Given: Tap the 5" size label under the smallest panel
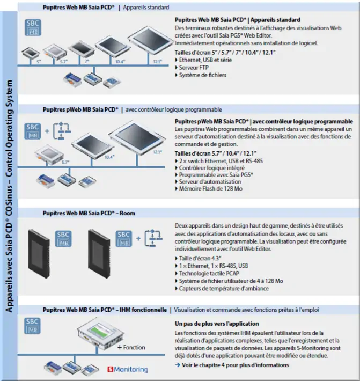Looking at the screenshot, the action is [39, 62].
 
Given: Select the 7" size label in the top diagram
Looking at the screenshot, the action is [87, 61].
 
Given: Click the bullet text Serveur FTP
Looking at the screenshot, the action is [194, 68].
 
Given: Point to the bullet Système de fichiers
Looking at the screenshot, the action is [203, 75].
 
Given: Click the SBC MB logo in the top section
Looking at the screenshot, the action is [33, 27].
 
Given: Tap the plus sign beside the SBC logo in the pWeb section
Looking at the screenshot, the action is [47, 131].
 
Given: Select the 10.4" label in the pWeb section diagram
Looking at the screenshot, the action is [109, 157].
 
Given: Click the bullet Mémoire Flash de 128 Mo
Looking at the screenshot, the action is [211, 189].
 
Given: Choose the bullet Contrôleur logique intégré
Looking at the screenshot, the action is [212, 168].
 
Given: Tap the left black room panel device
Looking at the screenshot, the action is [39, 254].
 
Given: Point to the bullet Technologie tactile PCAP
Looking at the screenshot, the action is [209, 273].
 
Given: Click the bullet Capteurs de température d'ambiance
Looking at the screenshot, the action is [224, 288].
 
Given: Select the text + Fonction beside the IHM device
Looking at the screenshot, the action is [131, 348].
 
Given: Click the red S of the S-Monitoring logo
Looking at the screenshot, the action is [111, 369].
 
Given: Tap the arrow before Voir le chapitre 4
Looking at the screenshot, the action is [178, 365].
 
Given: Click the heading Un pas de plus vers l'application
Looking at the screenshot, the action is [217, 324].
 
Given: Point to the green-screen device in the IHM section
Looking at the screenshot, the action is [100, 334].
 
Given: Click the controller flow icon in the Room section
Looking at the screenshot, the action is [153, 238].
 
